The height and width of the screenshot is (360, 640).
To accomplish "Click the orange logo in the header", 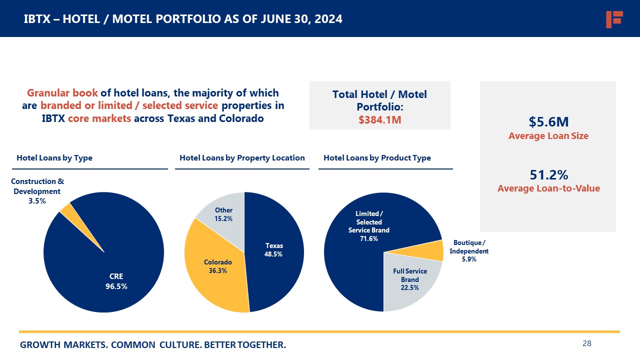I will [x=614, y=19].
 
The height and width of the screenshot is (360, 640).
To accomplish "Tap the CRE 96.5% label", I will [x=116, y=281].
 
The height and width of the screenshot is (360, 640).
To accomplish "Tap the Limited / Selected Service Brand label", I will [x=368, y=226].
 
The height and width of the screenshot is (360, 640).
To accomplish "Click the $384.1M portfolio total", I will [x=380, y=120].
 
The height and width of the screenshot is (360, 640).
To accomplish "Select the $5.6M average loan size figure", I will [x=548, y=122].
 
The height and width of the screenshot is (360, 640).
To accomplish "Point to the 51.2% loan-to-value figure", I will [x=548, y=175].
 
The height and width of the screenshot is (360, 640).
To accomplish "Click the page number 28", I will [x=587, y=343].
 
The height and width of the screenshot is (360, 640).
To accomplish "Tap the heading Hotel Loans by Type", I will [x=54, y=158].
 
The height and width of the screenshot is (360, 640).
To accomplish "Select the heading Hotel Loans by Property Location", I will [x=242, y=158].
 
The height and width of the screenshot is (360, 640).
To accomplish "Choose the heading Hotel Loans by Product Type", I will [x=377, y=158].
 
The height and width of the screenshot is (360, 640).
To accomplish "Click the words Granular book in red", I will [x=62, y=93].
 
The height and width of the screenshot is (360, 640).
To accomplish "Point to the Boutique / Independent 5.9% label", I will [x=469, y=251].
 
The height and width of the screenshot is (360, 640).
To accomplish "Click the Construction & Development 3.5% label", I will [x=37, y=191].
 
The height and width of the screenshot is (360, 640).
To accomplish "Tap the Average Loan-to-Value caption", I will [x=548, y=188].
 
